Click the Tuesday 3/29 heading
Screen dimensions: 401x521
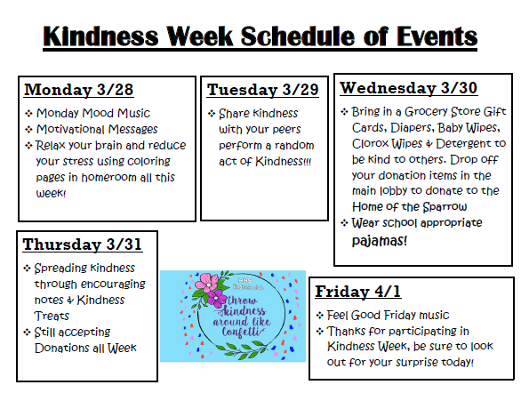click(262, 90)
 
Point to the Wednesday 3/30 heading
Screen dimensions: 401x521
click(410, 88)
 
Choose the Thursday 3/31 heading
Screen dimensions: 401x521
click(82, 245)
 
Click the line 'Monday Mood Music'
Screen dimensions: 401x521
click(93, 113)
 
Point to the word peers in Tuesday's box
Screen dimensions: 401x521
click(287, 129)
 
